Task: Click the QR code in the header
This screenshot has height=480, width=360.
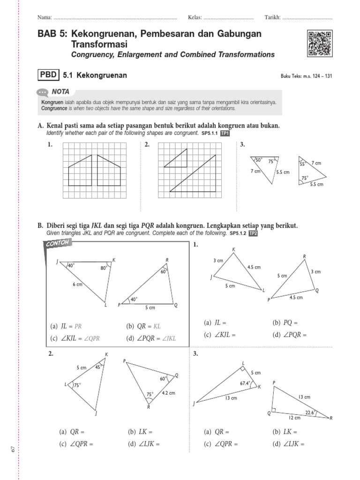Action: (320, 44)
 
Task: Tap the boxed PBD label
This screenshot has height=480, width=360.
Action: (48, 75)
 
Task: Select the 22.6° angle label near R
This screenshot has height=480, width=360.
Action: (309, 412)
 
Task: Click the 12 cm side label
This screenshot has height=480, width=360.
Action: (294, 417)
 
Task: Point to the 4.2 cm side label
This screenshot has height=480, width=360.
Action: (168, 393)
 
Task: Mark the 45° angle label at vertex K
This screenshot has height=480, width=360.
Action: (98, 367)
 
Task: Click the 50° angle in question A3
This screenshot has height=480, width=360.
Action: (258, 160)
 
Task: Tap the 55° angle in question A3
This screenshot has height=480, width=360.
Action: (302, 164)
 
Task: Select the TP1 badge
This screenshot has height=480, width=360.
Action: (225, 134)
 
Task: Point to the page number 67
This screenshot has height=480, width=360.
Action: (13, 450)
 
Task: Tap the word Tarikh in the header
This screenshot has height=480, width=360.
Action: (272, 17)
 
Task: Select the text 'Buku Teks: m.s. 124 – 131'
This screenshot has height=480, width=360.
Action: (306, 76)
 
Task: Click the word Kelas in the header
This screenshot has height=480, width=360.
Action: (195, 17)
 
